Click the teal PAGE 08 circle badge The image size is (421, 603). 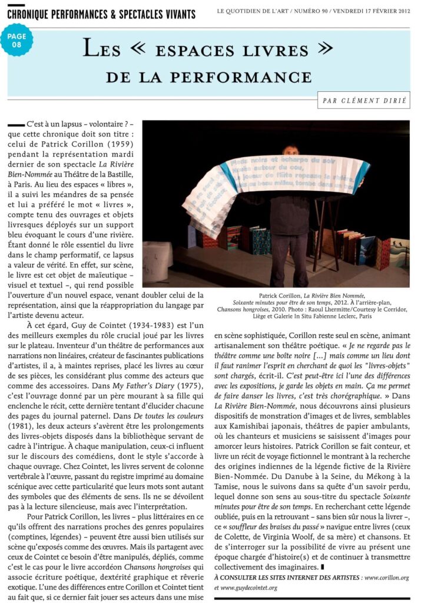tap(16, 40)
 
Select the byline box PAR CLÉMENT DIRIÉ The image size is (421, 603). tap(363, 100)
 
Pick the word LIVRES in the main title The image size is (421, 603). tap(274, 50)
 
